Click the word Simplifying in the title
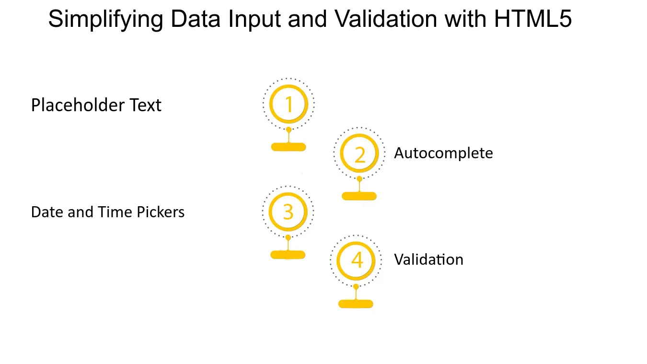pos(106,20)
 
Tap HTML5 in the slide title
pos(533,19)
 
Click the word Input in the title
pos(254,20)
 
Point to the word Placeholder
pos(78,105)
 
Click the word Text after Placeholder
pos(145,105)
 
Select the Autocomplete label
pos(443,153)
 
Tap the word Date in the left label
pos(47,212)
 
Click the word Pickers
pos(161,212)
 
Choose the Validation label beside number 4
pos(428,259)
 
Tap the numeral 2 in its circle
pos(360,155)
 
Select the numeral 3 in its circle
pos(288,212)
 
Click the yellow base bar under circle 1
pos(289,147)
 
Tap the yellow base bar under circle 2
pos(359,196)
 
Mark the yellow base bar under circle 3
pos(288,255)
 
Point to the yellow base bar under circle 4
pos(356,304)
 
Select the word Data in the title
pos(196,19)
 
